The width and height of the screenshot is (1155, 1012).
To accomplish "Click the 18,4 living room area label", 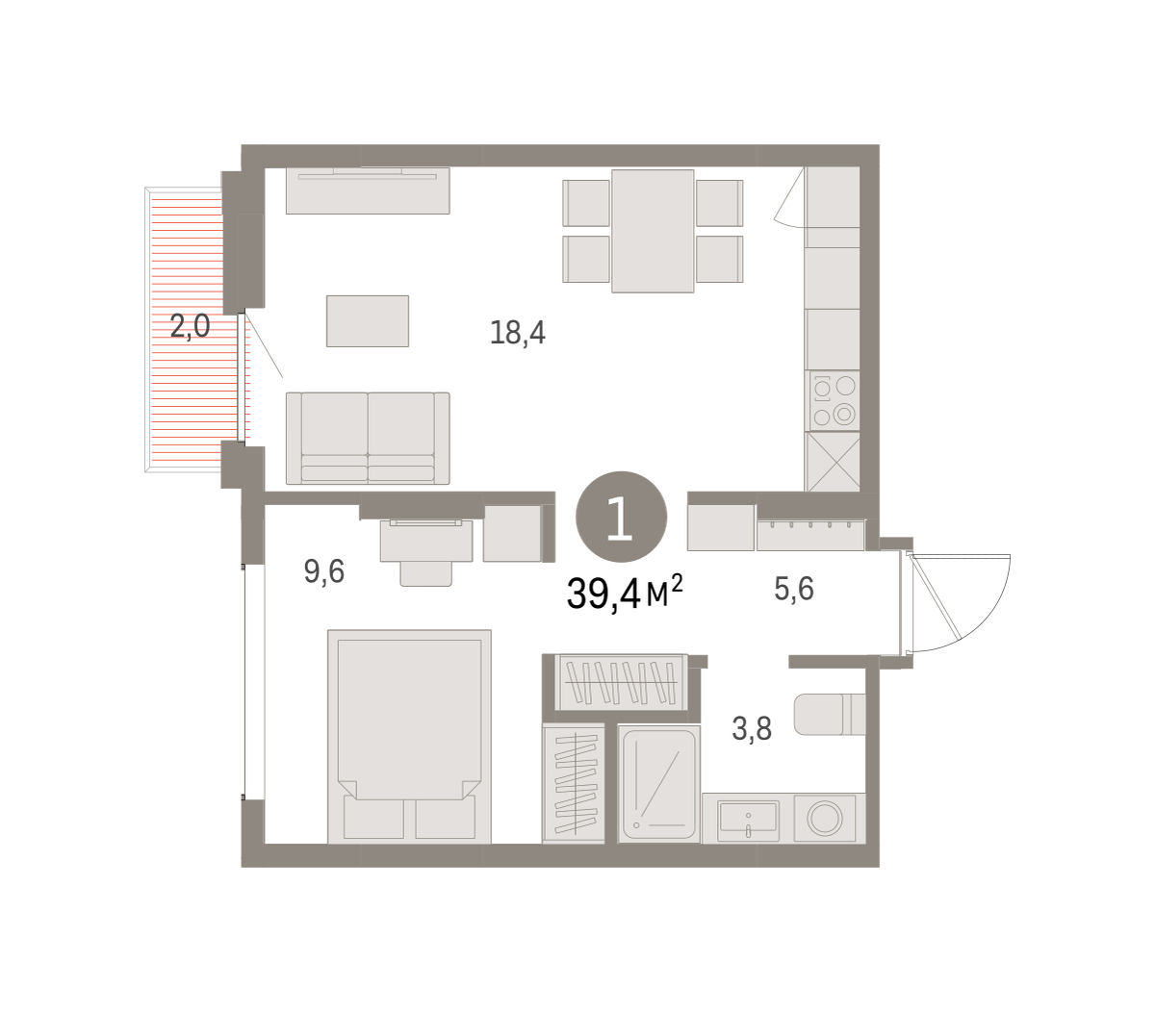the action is tap(517, 333).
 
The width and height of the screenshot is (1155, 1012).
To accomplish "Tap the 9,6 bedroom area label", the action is tap(323, 571).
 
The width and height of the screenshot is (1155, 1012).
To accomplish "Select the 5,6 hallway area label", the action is tap(793, 588).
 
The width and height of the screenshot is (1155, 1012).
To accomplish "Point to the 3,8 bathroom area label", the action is tap(752, 728).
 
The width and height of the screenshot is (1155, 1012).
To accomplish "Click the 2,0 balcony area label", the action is tap(190, 326).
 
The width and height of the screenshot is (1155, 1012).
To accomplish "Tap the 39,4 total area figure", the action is tap(603, 594).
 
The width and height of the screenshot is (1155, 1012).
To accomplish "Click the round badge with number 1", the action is tap(621, 517).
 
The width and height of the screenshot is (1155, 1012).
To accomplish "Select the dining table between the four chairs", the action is tap(653, 231).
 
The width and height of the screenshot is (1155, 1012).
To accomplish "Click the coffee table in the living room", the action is tap(367, 320).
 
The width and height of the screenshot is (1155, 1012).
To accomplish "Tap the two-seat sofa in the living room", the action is tap(368, 438).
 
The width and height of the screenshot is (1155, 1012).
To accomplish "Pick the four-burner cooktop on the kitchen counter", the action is tap(834, 400).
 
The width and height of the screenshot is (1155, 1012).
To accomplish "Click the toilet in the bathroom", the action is tap(830, 714).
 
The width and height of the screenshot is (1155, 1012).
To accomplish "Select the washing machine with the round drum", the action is tap(824, 819).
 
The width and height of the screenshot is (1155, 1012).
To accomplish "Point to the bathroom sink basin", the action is tap(748, 819).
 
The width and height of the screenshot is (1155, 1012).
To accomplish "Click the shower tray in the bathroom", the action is tap(659, 784).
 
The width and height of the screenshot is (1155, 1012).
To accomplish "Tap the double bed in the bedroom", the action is tap(409, 736).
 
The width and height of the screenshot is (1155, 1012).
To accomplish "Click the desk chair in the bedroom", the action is tap(425, 573).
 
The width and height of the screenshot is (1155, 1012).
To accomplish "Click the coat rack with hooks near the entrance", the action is tap(809, 536).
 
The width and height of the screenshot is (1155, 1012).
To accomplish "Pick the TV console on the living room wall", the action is tap(368, 190).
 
